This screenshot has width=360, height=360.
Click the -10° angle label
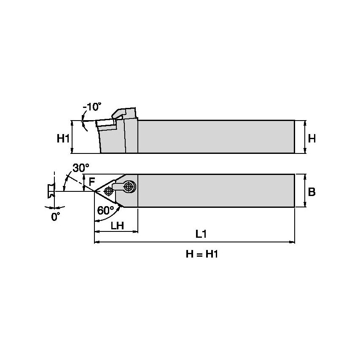pos(92,107)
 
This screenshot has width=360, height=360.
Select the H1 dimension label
pos(63,138)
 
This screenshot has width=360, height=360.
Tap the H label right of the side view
pos(312,138)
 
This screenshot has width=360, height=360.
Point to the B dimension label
pos(312,192)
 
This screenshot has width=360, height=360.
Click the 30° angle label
pos(78,168)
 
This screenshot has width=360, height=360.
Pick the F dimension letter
pos(91,182)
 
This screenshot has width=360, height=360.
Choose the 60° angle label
pos(105,210)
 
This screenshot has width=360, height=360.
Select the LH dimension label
pos(117,225)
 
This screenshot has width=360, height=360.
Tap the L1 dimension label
pos(201,234)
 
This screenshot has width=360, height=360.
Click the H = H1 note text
pos(204,254)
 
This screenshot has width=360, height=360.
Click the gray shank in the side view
pos(215,137)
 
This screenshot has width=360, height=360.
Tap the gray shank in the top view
pos(215,191)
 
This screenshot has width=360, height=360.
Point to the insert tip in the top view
pos(94,192)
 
